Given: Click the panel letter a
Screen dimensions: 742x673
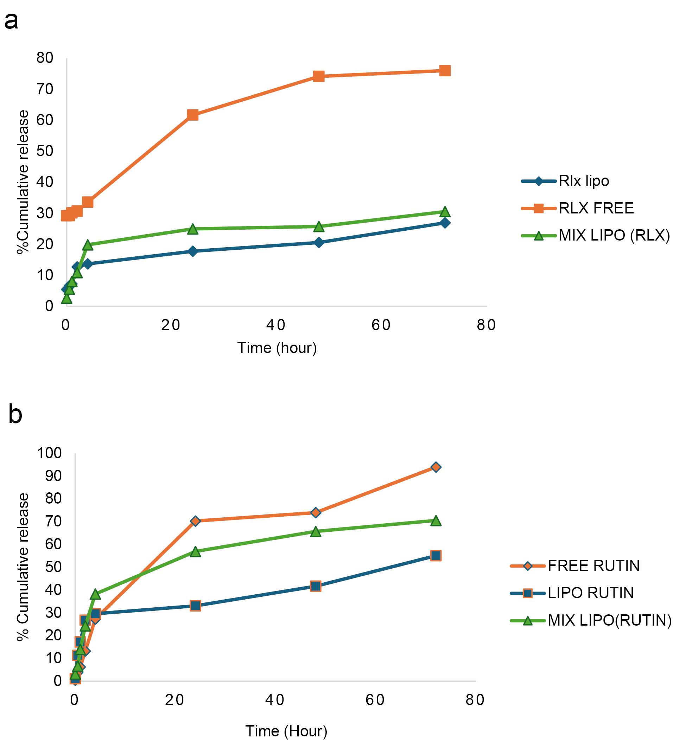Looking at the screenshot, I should (11, 21).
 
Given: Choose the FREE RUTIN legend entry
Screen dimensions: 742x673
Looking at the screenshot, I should (575, 566).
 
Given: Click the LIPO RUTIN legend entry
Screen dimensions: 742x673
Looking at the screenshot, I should (572, 593).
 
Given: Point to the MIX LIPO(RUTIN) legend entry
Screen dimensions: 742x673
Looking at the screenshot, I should (591, 621).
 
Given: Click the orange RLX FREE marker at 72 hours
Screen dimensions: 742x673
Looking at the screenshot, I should (445, 71).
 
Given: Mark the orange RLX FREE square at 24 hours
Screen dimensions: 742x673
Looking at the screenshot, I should (192, 115).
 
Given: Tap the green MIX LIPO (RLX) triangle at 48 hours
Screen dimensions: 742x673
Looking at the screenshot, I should (319, 227).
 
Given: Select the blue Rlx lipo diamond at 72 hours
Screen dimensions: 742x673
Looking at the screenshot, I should (445, 223).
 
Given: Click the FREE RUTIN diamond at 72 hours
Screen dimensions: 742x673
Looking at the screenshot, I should (436, 467).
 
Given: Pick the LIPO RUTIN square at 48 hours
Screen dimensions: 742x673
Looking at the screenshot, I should (316, 586).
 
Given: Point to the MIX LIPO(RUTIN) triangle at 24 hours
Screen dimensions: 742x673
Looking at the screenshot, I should (196, 552).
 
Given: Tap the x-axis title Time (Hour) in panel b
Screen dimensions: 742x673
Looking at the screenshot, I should (286, 731).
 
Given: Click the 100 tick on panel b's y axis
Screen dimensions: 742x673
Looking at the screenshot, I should (49, 453).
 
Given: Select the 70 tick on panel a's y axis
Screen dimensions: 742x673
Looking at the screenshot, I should (45, 89).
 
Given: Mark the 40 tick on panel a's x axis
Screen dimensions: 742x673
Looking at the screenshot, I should (276, 325).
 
